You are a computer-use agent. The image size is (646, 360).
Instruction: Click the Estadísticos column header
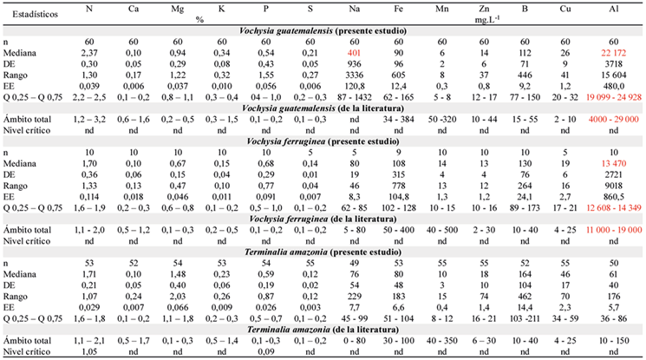[x=35, y=14]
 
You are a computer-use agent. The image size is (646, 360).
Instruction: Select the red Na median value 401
[x=354, y=53]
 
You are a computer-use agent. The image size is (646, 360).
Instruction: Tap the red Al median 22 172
[x=613, y=53]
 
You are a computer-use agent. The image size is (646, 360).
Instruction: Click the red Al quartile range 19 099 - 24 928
[x=614, y=97]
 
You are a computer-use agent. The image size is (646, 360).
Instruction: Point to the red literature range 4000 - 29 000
[x=614, y=120]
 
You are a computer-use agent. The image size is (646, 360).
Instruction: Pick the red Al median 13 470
[x=613, y=164]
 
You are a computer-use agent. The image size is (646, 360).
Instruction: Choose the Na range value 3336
[x=355, y=75]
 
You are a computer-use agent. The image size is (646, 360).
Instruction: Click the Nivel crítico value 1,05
[x=89, y=351]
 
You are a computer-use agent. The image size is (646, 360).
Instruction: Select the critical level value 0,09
[x=266, y=351]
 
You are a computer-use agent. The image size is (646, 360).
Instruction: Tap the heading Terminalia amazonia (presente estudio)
[x=323, y=252]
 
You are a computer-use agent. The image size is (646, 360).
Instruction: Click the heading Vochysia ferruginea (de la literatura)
[x=323, y=219]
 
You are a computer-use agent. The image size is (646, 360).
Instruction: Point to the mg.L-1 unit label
[x=487, y=20]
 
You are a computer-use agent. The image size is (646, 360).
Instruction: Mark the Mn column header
[x=442, y=9]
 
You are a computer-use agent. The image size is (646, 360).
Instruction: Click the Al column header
[x=613, y=9]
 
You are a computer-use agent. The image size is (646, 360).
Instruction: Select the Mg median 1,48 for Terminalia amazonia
[x=178, y=274]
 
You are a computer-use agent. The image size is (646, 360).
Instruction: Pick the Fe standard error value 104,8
[x=398, y=197]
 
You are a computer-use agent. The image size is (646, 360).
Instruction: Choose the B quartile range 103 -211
[x=525, y=318]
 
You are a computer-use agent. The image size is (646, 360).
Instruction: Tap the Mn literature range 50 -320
[x=442, y=120]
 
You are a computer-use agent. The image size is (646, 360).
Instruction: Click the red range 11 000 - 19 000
[x=614, y=230]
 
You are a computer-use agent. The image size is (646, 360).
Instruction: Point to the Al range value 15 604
[x=613, y=75]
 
